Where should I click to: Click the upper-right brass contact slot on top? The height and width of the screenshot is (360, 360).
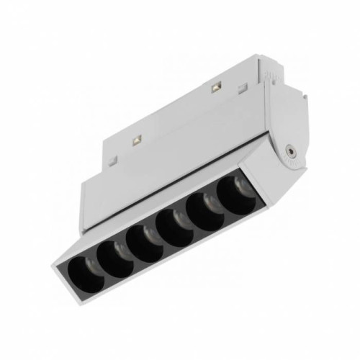point(215,90)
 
